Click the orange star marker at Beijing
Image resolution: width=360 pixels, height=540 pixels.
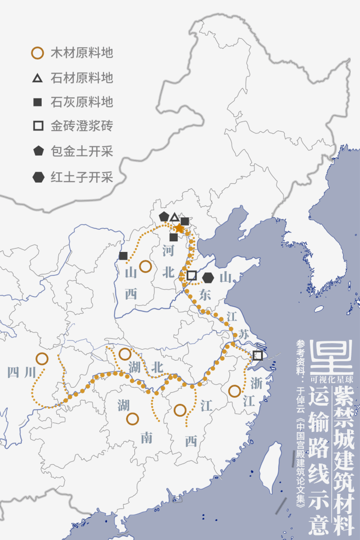coord(179,228)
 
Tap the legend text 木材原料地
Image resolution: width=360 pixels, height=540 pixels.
coord(82,53)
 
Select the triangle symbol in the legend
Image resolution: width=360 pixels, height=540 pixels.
coord(38,78)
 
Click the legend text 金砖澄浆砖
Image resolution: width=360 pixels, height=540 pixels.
coord(82,127)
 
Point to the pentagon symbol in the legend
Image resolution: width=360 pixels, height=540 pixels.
coord(38,151)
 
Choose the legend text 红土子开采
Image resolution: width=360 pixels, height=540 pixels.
coord(82,177)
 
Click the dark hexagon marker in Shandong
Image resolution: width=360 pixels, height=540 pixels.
coord(208,277)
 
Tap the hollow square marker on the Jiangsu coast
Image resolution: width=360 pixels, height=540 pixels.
coord(257,355)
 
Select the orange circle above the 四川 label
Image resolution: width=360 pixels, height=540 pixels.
coord(42,358)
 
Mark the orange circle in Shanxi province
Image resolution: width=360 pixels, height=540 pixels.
coord(145,266)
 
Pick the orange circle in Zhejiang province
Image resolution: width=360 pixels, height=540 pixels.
coord(235,390)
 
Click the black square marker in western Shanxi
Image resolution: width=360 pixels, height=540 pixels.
coord(123,256)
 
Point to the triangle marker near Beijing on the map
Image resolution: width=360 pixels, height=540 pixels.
coord(174,217)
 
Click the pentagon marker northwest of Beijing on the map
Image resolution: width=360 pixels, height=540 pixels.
coord(164,217)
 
